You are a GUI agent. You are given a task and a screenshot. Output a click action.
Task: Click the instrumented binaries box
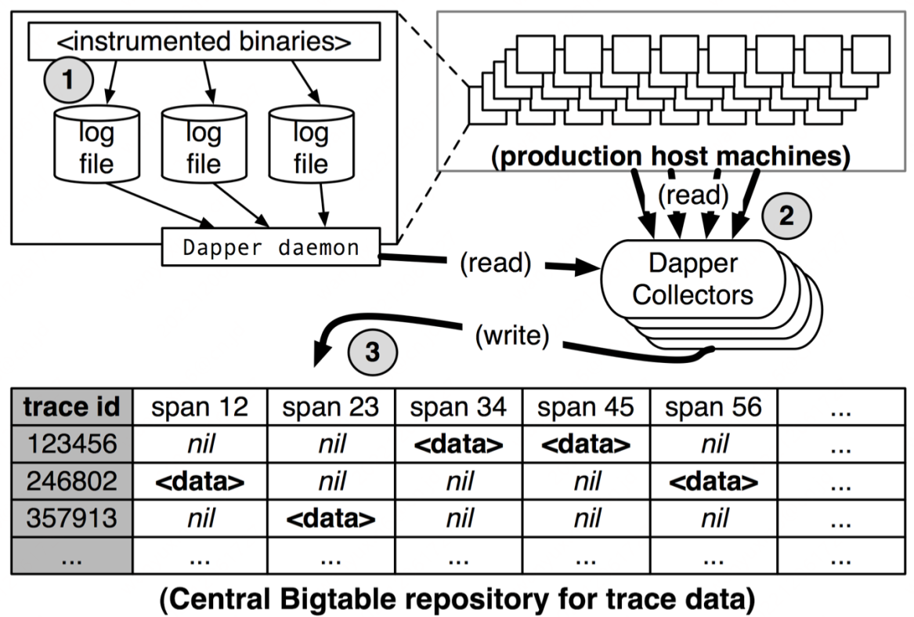coord(204,42)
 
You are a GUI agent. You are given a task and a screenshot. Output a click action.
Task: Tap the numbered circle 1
coord(69,79)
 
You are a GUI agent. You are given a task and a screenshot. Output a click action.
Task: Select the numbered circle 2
coord(786,216)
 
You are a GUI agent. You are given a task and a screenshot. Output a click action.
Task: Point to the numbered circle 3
coord(373,352)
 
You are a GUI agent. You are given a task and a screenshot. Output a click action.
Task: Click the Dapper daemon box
coord(270,247)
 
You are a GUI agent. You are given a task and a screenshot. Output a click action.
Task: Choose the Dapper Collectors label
coord(692,279)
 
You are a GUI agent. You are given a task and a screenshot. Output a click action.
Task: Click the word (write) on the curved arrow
coord(512,336)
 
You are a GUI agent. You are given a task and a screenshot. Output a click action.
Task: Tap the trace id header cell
coord(72,407)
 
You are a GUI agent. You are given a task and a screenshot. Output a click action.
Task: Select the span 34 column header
coord(458,407)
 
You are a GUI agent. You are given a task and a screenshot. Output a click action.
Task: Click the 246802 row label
coord(72,481)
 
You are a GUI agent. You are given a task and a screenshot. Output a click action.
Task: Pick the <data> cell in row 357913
coord(331,518)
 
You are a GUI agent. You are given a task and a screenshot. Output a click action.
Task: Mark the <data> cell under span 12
coord(200,481)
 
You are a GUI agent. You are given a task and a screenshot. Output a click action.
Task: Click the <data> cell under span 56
coord(713,481)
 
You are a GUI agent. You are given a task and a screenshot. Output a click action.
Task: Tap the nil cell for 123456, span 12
coord(200,445)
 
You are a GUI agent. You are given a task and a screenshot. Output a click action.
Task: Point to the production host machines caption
coord(670,156)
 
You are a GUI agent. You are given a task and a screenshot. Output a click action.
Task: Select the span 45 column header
coord(586,407)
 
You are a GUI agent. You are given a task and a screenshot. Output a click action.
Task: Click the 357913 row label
coord(72,518)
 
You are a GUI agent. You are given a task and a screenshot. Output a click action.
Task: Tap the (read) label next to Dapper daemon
coord(496,263)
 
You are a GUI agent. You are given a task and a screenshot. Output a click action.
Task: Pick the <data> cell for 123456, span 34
coord(458,445)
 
